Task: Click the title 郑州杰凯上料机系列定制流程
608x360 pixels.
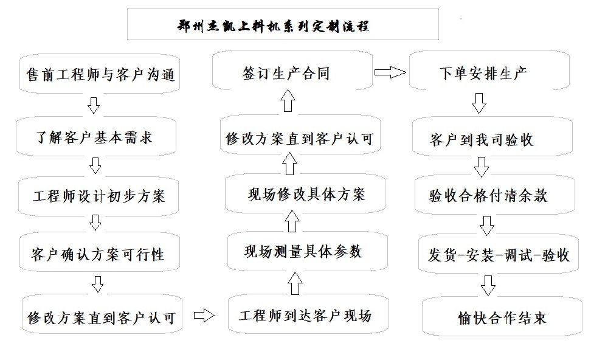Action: click(283, 25)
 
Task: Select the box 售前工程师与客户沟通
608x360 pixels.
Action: click(99, 74)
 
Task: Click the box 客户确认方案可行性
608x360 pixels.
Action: click(98, 254)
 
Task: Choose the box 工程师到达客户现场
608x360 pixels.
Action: click(306, 316)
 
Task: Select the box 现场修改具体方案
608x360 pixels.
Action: click(306, 194)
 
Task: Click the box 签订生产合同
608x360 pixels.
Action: click(291, 74)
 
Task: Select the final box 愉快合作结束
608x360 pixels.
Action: click(502, 317)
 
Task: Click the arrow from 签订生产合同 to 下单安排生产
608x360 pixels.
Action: click(390, 73)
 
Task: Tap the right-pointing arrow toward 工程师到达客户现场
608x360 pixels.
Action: click(204, 316)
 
